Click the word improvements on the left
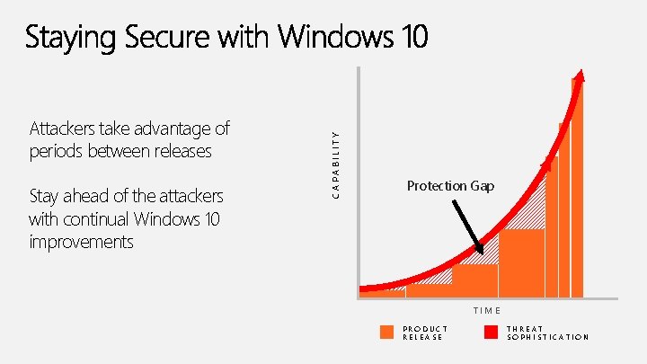(x=81, y=242)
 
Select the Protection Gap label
(x=450, y=186)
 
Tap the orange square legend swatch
(x=386, y=333)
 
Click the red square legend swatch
(x=491, y=333)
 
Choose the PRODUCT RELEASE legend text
(x=425, y=333)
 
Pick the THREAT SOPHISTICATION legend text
(x=547, y=333)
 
